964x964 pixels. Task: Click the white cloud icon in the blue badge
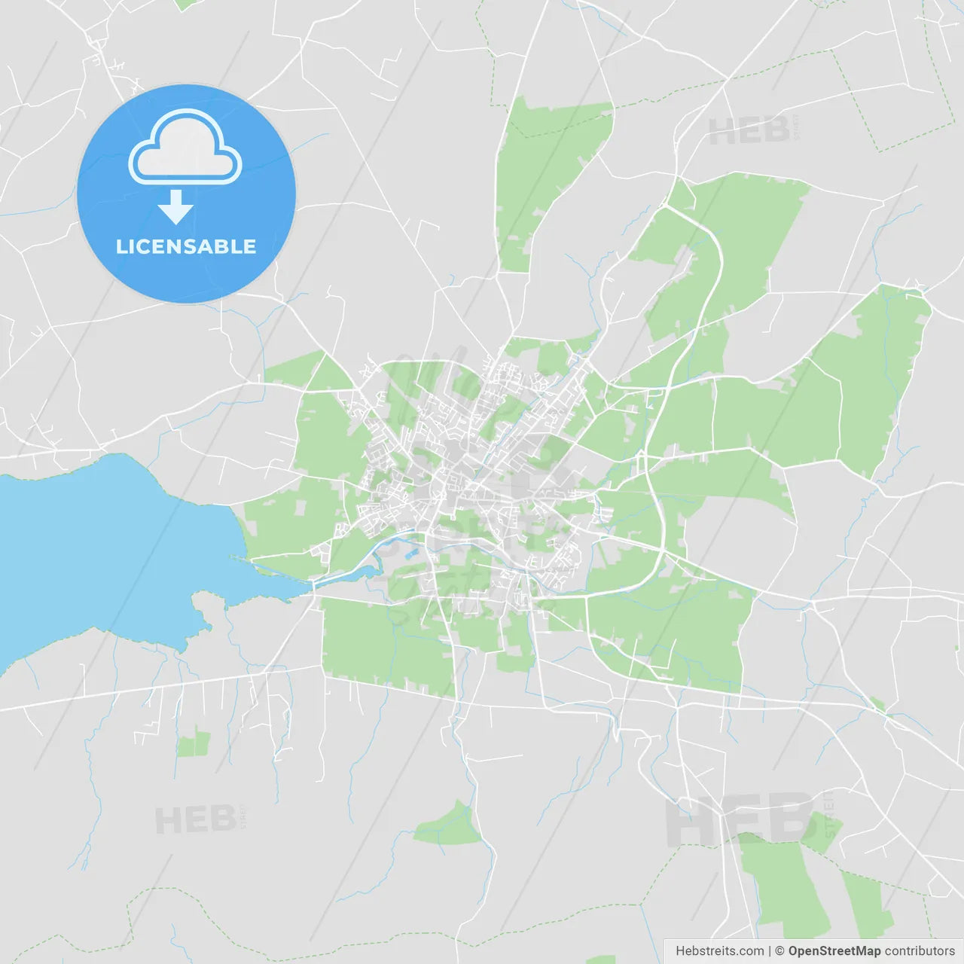[185, 149]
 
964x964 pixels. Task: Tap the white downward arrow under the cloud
[175, 208]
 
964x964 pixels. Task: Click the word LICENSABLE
[186, 246]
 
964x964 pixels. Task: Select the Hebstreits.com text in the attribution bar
[719, 951]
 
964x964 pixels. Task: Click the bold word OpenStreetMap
[834, 951]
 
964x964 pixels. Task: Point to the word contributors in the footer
[920, 951]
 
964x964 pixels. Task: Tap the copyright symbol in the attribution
[779, 951]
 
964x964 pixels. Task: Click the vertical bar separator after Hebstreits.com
[770, 951]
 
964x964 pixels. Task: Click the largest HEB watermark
[738, 819]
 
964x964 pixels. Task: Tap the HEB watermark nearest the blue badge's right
[749, 132]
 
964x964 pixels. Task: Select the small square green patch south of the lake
[194, 743]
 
